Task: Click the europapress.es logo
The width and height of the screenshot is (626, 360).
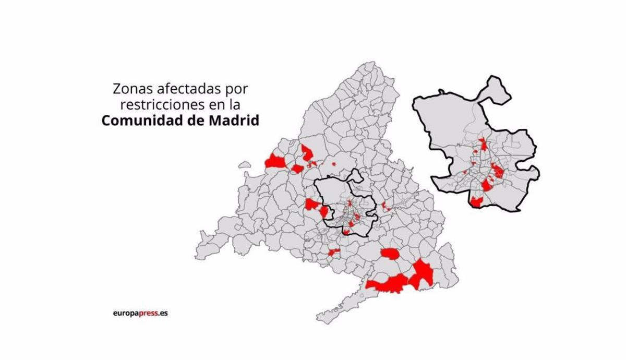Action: tap(140, 314)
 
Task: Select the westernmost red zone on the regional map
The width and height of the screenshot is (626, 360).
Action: tap(275, 162)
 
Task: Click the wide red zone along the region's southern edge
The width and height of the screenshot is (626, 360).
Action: tap(387, 284)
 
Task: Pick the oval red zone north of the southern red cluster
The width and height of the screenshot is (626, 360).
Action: tap(389, 254)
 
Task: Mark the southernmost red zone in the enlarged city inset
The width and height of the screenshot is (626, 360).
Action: tap(477, 202)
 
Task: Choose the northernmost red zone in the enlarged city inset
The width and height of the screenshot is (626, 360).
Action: tap(484, 143)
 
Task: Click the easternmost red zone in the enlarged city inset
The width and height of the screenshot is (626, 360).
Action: tap(498, 171)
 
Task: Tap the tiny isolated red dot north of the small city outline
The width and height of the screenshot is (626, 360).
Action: tap(333, 164)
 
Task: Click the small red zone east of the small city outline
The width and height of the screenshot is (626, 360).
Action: tap(386, 207)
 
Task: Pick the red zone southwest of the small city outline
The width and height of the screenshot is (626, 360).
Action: tap(333, 253)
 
